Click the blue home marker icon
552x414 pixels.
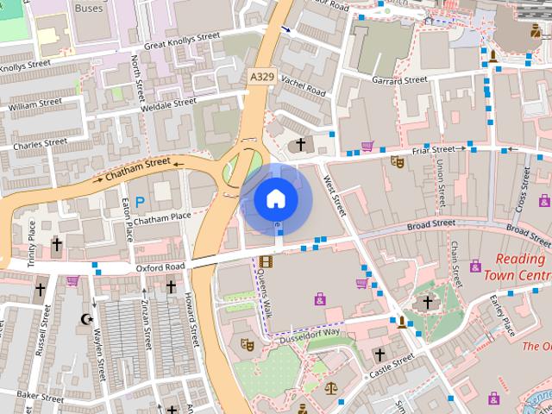276,199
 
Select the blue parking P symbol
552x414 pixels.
140,201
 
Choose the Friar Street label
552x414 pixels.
432,149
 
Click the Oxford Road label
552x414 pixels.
160,268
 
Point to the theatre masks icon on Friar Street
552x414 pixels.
397,161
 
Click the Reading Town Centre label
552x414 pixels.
517,267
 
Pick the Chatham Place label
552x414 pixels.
162,217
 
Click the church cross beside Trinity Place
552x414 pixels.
57,245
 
